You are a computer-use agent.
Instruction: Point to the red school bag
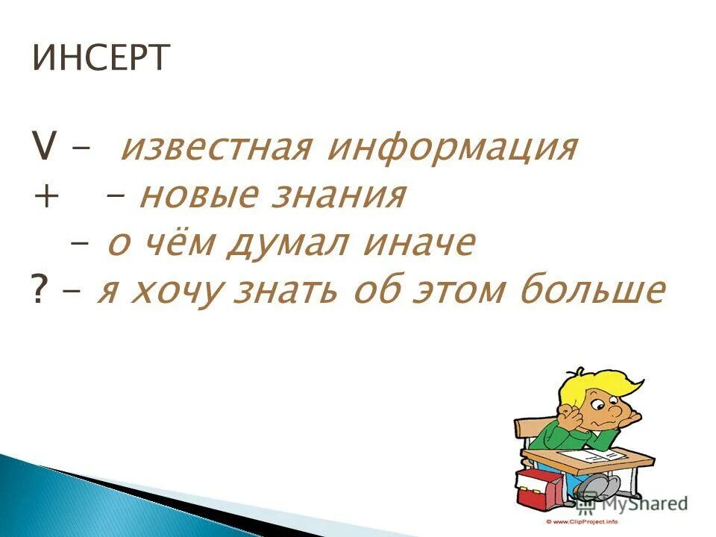(x=536, y=486)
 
